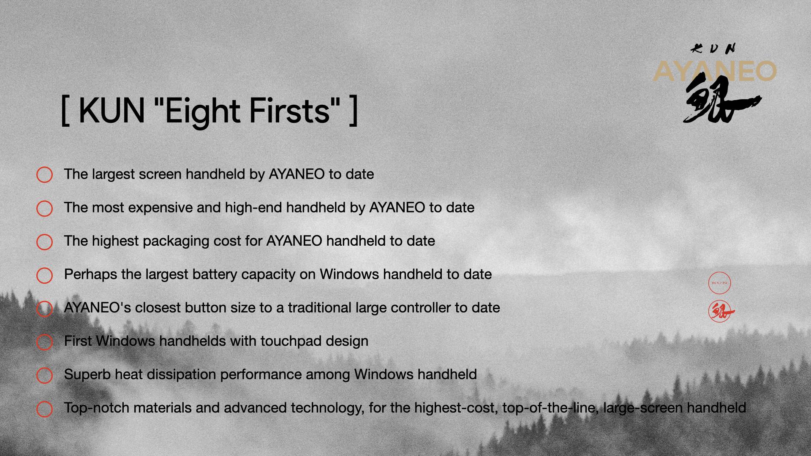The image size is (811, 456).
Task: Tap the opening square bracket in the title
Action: [65, 110]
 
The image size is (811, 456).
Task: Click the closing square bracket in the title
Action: [354, 110]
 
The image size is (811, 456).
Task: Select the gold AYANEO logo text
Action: [715, 71]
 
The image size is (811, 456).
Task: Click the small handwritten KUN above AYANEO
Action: [713, 49]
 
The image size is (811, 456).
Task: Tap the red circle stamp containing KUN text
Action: [719, 283]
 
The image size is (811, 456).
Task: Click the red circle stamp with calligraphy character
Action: [720, 312]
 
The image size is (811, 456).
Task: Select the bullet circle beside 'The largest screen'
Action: [44, 175]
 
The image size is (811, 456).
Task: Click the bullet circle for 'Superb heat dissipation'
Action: [44, 375]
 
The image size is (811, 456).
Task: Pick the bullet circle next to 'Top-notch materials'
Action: [44, 409]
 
